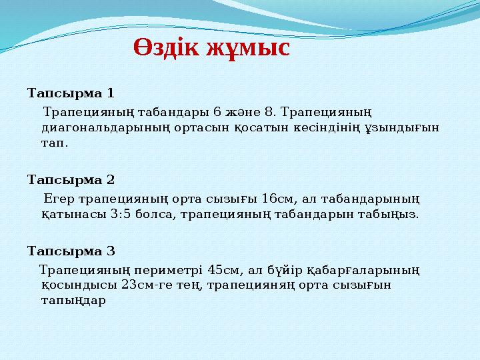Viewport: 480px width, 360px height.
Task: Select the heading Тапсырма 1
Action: [x=71, y=91]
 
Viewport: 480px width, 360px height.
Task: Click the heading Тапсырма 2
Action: [x=71, y=179]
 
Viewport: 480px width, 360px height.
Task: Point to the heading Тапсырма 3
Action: [x=71, y=251]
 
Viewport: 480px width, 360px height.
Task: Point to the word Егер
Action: [x=59, y=198]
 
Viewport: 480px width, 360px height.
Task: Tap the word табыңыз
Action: [x=393, y=215]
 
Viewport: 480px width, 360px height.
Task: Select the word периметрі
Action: [x=166, y=269]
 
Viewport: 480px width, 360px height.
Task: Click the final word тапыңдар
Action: [x=73, y=301]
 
